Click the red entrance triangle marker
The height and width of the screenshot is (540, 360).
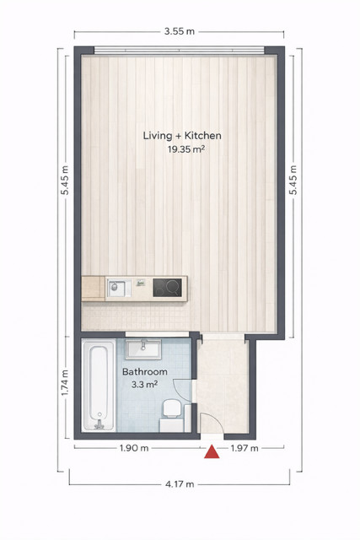[x=212, y=452]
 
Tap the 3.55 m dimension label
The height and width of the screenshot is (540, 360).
[x=180, y=32]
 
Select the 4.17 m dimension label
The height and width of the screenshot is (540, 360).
[x=180, y=484]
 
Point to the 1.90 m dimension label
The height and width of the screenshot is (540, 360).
[x=134, y=448]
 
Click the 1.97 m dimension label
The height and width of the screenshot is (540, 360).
[x=244, y=448]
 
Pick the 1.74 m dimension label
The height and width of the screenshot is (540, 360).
[x=65, y=382]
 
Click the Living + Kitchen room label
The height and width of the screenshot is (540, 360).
[x=182, y=135]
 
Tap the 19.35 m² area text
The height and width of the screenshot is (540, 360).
[x=186, y=149]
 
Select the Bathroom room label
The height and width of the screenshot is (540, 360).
[x=144, y=372]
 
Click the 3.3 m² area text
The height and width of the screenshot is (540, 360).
[x=144, y=385]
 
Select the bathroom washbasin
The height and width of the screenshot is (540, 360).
[x=143, y=349]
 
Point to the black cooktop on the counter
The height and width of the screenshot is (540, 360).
[x=167, y=288]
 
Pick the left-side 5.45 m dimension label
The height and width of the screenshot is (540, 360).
[x=65, y=180]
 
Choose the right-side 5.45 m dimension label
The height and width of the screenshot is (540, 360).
[x=293, y=180]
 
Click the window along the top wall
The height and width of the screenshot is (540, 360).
[x=180, y=51]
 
